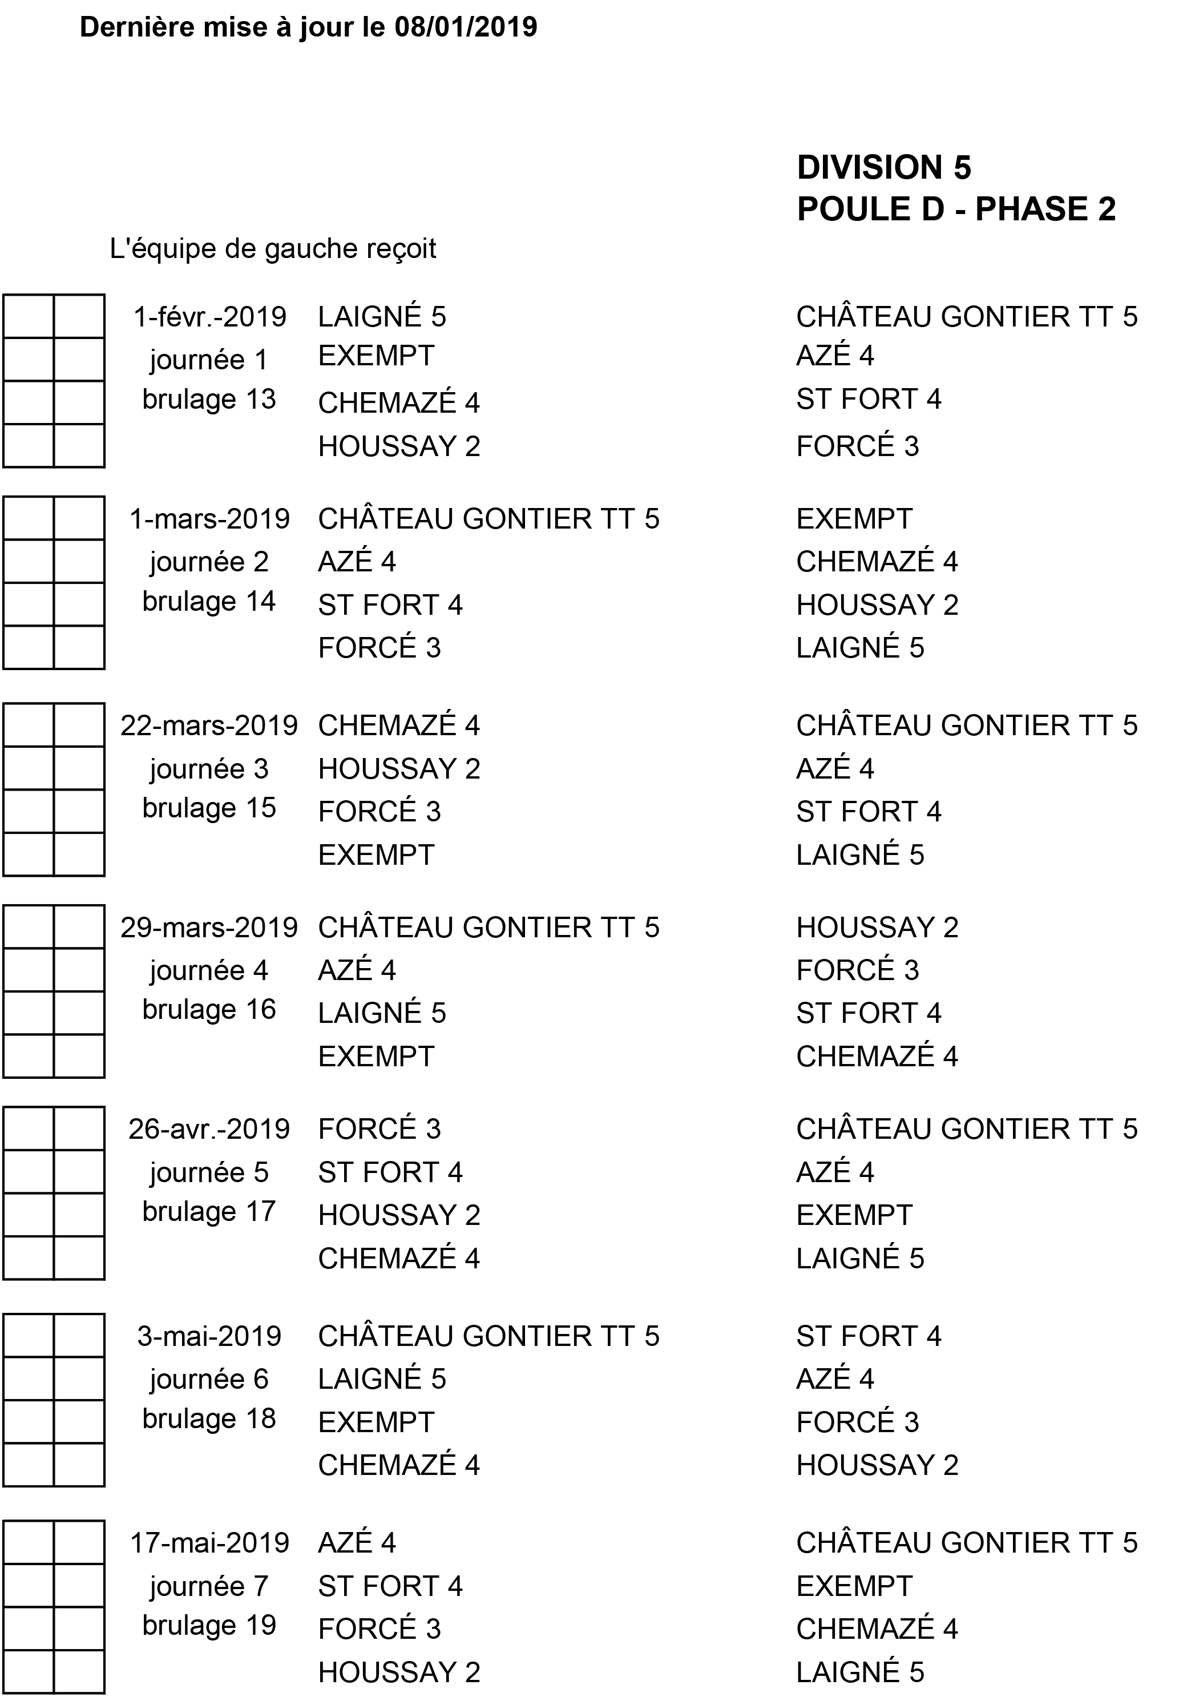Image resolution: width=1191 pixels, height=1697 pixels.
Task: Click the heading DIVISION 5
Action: [x=883, y=168]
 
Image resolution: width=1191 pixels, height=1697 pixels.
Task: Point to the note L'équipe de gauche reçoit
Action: [x=273, y=249]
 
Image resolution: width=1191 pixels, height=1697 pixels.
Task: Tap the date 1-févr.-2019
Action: [x=209, y=317]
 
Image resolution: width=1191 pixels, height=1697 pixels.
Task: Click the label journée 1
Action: [x=209, y=360]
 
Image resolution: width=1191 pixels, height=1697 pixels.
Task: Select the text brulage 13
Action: [x=209, y=399]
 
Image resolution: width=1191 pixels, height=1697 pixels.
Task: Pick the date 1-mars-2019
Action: [x=209, y=519]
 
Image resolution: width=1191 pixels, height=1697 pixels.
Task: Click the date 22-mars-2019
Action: [x=209, y=726]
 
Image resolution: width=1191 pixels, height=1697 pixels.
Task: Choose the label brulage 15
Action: [x=209, y=808]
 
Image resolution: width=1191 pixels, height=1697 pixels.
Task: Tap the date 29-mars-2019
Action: [x=209, y=928]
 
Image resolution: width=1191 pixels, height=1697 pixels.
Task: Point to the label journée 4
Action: [x=209, y=970]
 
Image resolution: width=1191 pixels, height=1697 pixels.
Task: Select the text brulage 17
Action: [x=209, y=1211]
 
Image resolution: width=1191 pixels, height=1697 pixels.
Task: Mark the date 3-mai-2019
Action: [x=209, y=1336]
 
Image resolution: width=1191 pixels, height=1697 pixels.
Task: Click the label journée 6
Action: [x=209, y=1379]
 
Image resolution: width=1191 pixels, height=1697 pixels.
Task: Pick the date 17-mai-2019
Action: [x=209, y=1543]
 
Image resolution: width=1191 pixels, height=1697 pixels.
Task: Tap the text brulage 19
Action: [x=209, y=1625]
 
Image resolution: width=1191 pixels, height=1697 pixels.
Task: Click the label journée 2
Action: [x=209, y=562]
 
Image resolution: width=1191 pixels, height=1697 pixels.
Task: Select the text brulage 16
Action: [x=209, y=1010]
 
